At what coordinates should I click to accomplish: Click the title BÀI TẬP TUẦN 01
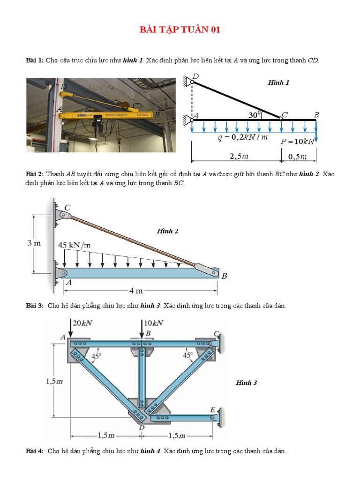pos(180,30)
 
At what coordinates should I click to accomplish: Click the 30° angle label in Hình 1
pos(255,114)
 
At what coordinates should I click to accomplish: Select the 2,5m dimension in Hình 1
pos(239,155)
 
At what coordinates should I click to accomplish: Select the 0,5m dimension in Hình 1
pos(298,156)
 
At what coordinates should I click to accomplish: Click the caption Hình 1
pos(278,82)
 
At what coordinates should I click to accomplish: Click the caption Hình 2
pos(167,231)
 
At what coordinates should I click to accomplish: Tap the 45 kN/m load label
pos(75,245)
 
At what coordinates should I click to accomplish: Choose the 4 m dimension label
pos(136,291)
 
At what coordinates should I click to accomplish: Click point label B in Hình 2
pos(224,276)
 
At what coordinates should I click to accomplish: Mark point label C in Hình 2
pos(67,207)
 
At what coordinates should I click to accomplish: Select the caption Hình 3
pos(246,382)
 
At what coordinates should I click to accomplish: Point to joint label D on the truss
pos(141,427)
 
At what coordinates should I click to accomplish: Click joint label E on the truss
pos(212,409)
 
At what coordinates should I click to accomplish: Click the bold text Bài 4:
pos(35,451)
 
